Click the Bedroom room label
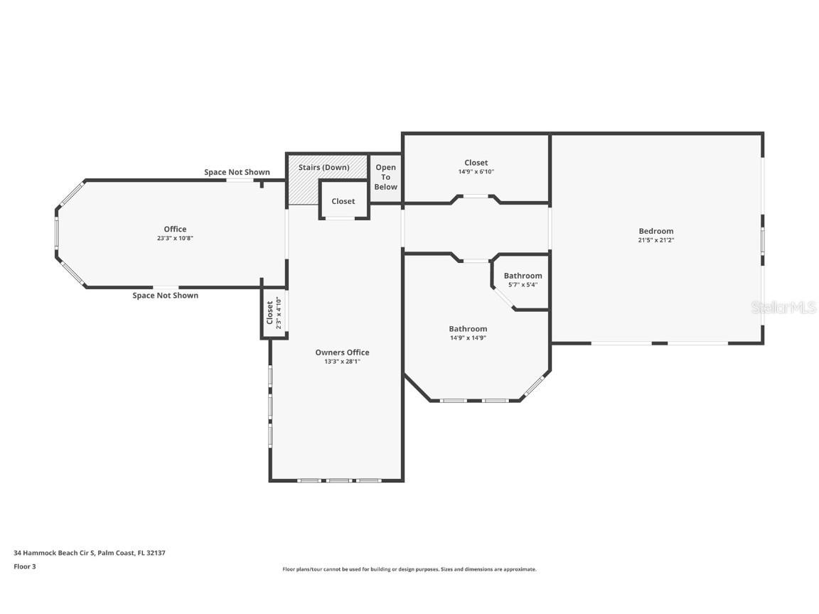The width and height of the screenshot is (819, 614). pos(655,231)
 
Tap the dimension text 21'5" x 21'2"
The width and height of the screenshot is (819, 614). pos(655,240)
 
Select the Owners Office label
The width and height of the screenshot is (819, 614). pos(342,352)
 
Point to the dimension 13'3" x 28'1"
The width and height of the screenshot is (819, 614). pos(342,362)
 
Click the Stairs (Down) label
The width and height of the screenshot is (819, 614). pos(323,168)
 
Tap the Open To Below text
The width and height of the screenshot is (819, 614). pos(386,177)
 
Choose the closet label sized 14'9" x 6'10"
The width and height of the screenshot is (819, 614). pos(476,163)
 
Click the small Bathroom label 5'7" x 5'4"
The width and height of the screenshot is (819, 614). pos(523,276)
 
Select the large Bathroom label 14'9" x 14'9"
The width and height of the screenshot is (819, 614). pos(468,329)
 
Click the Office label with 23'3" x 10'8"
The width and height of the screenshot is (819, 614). pos(175,229)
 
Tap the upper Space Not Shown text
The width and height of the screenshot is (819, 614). pos(237,172)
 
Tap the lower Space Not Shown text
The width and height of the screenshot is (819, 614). pos(165,296)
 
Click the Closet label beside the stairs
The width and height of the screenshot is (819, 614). pos(343,201)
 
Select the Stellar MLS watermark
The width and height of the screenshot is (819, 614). pos(783,307)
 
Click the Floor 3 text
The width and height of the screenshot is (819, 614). pos(24,566)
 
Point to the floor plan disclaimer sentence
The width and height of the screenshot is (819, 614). pos(409,569)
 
